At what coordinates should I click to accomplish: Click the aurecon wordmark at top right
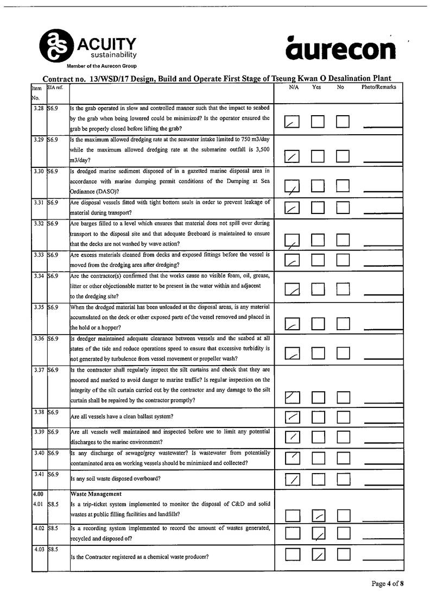(341, 49)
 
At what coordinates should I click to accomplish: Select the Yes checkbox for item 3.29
(318, 157)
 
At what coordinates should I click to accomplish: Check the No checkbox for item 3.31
(343, 207)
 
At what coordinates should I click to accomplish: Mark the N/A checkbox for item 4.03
(292, 554)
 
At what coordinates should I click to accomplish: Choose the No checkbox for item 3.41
(343, 479)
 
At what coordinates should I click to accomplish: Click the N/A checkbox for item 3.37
(292, 398)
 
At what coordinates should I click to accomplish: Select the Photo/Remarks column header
(378, 87)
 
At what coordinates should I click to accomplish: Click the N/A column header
(294, 87)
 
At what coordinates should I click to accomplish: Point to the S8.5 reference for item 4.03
(53, 550)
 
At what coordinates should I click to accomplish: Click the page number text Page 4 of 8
(388, 584)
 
